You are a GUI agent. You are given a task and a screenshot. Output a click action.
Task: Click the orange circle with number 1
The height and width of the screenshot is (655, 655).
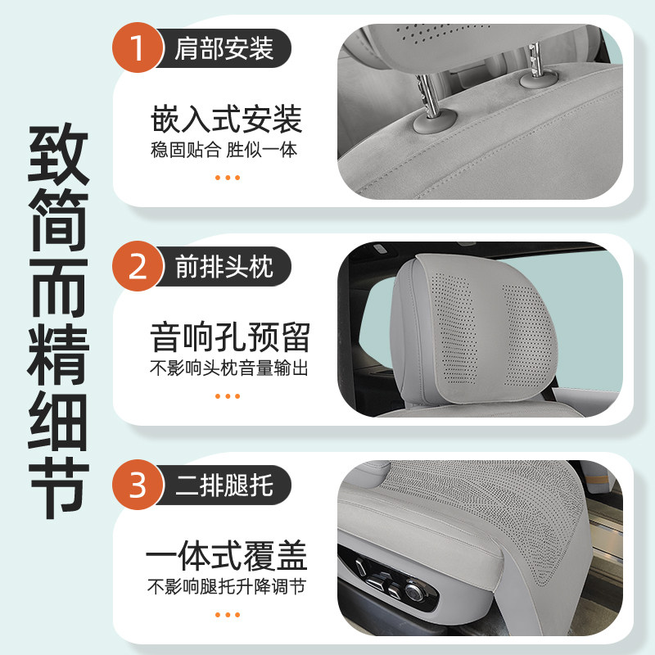click(138, 49)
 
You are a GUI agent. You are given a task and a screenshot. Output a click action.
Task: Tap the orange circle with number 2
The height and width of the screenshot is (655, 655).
click(138, 268)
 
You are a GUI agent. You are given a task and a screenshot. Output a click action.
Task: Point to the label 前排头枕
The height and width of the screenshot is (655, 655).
click(223, 268)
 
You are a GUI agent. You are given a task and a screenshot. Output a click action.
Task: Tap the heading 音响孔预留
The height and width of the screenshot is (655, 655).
click(229, 337)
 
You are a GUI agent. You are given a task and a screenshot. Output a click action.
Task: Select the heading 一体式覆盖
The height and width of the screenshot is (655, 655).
click(227, 558)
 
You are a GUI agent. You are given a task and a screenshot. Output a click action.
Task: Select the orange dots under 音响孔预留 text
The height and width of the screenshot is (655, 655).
click(227, 396)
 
